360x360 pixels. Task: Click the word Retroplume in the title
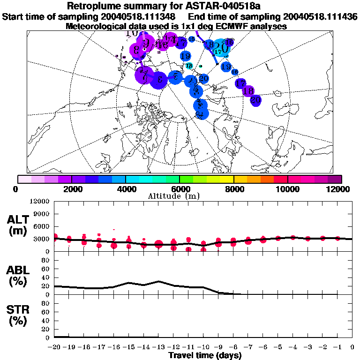97,7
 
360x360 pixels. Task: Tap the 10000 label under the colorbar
288,189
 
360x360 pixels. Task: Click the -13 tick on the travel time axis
158,347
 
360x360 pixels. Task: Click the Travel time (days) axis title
205,356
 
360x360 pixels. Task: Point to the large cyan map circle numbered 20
222,48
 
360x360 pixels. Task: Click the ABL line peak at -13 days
158,281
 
